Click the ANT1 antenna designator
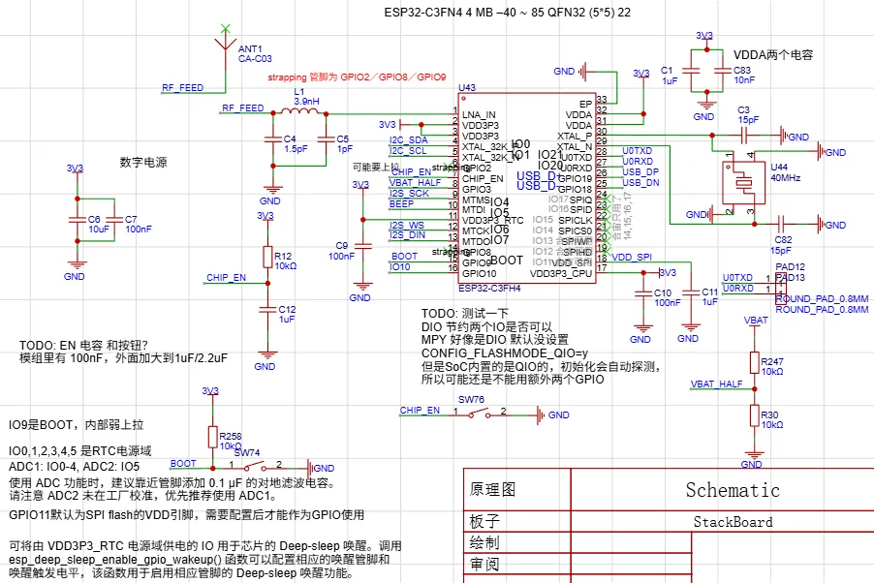249,47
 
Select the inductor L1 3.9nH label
306,96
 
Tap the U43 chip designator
467,87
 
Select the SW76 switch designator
471,399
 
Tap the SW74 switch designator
247,452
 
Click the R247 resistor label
773,360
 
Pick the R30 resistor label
770,414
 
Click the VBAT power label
756,320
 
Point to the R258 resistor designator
231,436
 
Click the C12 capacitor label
287,309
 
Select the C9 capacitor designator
341,245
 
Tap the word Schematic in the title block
733,489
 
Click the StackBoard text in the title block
733,522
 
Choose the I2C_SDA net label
408,140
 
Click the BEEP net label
401,204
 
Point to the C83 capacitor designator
742,71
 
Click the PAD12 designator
791,266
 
